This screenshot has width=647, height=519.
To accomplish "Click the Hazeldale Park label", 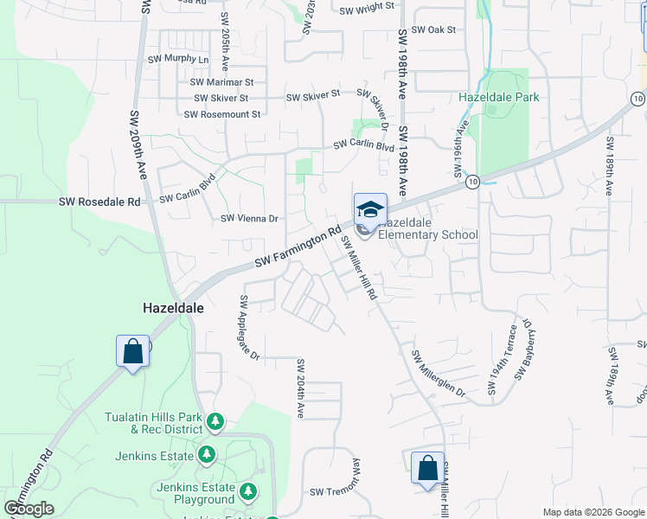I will tap(499, 97).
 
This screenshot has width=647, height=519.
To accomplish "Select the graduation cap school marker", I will tap(369, 210).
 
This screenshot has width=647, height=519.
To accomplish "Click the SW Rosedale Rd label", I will tap(99, 202).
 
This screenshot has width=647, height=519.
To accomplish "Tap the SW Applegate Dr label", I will tap(249, 328).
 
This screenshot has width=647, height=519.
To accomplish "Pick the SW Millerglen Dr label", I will tap(439, 375).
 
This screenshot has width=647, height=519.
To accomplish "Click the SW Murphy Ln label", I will tap(179, 59).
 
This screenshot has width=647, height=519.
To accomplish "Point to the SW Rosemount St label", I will tap(222, 114).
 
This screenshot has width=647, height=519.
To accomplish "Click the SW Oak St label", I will tap(433, 29).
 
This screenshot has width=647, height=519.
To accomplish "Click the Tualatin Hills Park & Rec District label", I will tap(153, 422).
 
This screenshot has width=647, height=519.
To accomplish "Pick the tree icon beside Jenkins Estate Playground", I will tap(248, 492).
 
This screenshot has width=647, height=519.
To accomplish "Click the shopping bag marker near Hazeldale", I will tap(132, 351).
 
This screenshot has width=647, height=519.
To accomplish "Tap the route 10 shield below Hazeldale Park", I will tap(471, 182).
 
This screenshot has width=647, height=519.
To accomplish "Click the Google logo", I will tap(29, 509).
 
